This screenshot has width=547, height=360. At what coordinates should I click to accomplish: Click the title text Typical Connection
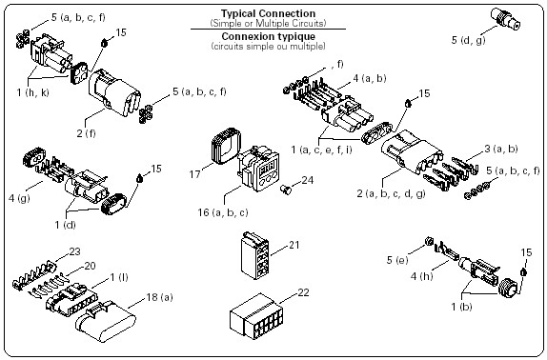tap(268, 13)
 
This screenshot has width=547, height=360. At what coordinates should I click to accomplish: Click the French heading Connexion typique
tap(268, 36)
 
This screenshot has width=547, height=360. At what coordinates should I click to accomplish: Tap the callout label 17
tap(195, 173)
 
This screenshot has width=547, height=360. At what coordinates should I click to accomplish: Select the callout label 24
tap(308, 180)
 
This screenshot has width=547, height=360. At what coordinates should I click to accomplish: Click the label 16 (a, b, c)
tap(223, 212)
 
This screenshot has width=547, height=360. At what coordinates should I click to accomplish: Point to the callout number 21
tap(294, 245)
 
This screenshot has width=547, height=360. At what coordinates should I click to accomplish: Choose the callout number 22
tap(303, 292)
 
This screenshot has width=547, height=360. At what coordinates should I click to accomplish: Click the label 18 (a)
tap(159, 297)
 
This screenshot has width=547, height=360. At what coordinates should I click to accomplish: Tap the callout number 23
tap(74, 251)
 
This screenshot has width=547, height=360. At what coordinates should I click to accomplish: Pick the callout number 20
tap(90, 266)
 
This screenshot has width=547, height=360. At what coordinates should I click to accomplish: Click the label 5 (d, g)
tap(468, 40)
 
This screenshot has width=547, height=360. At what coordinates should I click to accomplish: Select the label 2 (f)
tap(86, 133)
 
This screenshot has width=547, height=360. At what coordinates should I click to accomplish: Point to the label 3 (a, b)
tap(501, 149)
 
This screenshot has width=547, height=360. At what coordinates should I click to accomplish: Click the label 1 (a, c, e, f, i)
tap(322, 150)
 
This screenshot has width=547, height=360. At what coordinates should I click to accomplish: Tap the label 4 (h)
tap(422, 276)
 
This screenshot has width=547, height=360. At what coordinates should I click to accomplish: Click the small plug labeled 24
tap(286, 190)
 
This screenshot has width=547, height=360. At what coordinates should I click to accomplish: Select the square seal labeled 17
tap(226, 146)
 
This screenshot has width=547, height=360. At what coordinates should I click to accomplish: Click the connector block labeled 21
tap(254, 255)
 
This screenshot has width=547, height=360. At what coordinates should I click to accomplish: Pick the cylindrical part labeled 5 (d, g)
tap(505, 18)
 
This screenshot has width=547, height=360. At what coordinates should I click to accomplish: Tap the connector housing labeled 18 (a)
tap(106, 321)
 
